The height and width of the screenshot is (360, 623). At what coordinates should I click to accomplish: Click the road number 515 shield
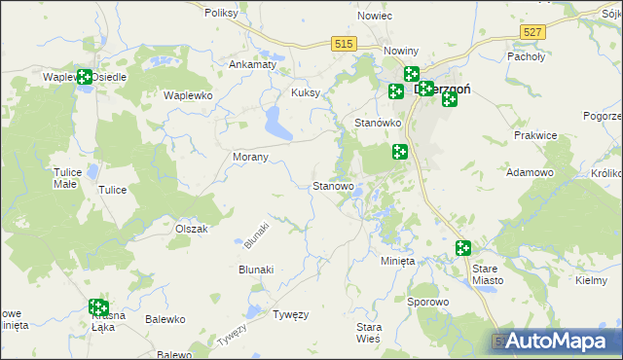343,44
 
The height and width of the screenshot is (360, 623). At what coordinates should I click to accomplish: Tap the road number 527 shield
531,32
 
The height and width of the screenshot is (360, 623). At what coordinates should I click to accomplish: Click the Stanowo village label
332,186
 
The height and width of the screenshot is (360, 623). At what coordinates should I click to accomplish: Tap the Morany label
251,157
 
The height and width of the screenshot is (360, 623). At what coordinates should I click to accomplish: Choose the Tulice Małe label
65,177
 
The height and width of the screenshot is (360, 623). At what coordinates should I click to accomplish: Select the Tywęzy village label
290,314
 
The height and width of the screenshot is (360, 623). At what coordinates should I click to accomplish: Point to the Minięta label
397,261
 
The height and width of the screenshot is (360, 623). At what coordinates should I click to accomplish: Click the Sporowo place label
427,302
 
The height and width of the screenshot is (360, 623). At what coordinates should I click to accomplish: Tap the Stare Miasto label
487,273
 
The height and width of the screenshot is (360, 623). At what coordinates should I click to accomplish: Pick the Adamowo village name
531,172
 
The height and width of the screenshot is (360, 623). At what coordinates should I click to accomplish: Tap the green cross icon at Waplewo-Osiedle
85,76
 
